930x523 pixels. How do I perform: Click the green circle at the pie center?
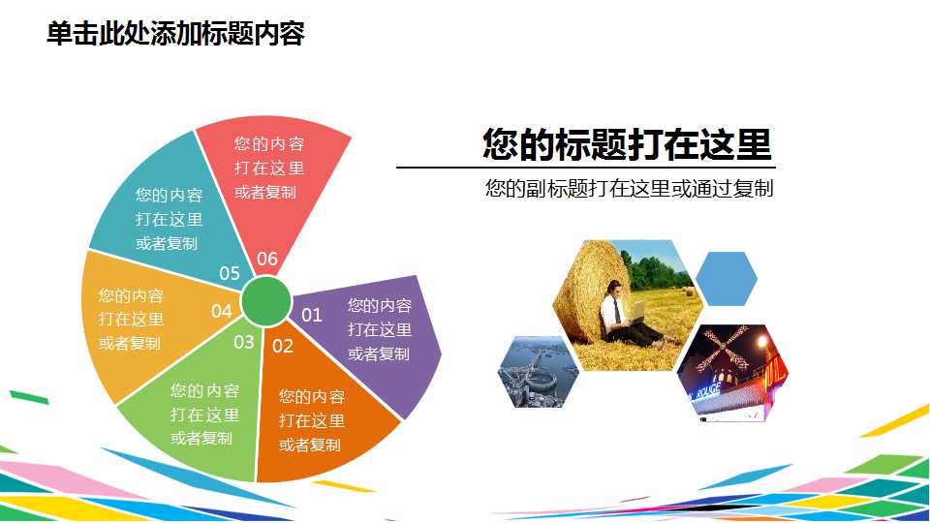266,301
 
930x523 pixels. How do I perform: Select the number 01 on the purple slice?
311,315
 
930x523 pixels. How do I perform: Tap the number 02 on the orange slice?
283,347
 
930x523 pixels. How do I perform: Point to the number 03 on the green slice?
244,342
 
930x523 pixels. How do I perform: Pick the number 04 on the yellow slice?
221,311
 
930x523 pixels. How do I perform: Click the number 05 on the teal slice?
230,273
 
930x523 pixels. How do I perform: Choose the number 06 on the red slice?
267,260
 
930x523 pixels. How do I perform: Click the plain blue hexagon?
726,279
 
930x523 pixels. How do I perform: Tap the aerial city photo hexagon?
538,372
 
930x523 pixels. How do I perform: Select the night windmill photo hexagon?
732,373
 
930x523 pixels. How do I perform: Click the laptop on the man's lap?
637,313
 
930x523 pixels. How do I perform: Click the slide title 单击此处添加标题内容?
175,33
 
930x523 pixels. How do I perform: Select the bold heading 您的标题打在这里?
627,144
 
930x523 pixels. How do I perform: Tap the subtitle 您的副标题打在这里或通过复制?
630,189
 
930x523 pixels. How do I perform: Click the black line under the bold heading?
586,168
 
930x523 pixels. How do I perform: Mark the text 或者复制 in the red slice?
265,192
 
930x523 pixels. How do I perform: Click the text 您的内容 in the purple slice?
380,305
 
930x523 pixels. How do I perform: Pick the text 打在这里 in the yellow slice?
131,319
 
